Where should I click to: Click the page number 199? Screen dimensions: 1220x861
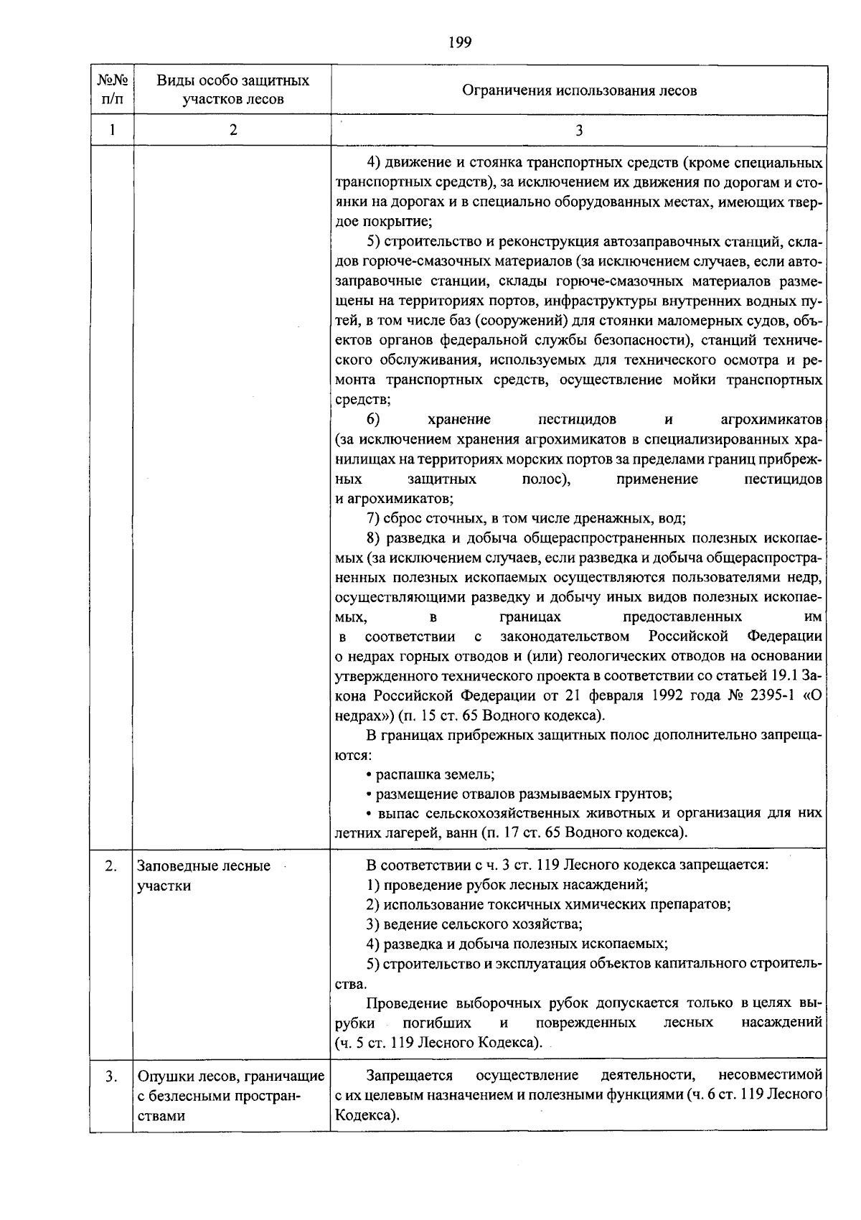(460, 42)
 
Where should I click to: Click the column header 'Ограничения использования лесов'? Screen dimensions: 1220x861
(579, 90)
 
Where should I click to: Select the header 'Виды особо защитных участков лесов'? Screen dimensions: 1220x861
(232, 90)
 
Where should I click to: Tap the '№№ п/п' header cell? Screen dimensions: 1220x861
(112, 90)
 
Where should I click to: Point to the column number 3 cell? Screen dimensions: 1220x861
(579, 130)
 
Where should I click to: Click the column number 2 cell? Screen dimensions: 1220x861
(232, 130)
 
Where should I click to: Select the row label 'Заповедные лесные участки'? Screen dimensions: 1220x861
(204, 876)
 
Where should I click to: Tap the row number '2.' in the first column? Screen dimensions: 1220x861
(110, 866)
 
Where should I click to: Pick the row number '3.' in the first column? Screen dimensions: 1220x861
(110, 1076)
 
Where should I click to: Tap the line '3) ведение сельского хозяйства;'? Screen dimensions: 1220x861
(474, 924)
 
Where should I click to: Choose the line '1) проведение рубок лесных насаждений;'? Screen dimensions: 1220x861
(507, 885)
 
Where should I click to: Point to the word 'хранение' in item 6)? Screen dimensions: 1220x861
(459, 419)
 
